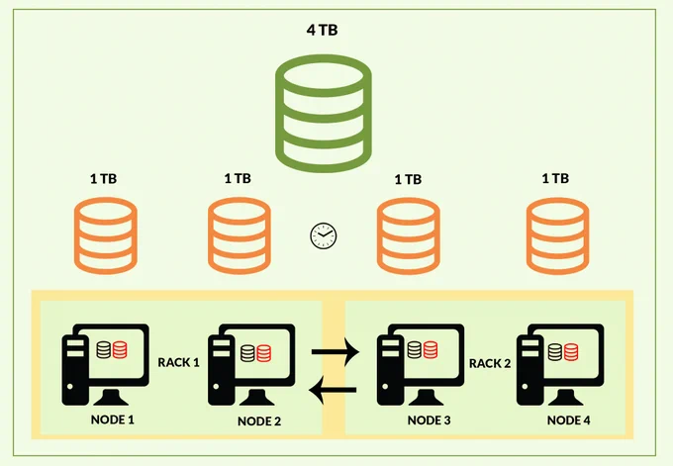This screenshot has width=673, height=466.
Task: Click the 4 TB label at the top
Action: pos(322,30)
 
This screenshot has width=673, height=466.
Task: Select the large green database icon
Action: pos(324,113)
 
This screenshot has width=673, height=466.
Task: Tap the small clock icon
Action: pos(324,235)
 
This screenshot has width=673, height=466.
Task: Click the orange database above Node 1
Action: pos(106,235)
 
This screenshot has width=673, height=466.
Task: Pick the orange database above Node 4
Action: pos(557,235)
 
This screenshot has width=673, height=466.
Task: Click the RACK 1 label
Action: pos(178,362)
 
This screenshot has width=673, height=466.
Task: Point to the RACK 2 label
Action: pos(490,363)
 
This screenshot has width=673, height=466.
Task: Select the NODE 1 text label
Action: pos(113,419)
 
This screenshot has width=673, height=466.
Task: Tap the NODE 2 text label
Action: pos(259,421)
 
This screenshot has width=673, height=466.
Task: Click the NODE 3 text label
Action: pos(429,420)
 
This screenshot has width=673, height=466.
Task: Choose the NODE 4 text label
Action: pos(568,420)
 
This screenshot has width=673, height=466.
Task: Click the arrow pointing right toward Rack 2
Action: pos(336,352)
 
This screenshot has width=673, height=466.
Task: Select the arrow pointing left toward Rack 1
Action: pos(333,390)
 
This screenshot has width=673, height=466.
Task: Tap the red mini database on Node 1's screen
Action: pos(120,349)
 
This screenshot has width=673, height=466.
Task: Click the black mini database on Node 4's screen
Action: pos(555,352)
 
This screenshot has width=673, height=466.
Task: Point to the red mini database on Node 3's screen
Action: pos(431,349)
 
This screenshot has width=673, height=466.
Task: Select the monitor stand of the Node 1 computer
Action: pos(111,398)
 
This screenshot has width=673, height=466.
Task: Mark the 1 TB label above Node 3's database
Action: pos(408,179)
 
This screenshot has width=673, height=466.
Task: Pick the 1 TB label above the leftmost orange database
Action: pos(104,178)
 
